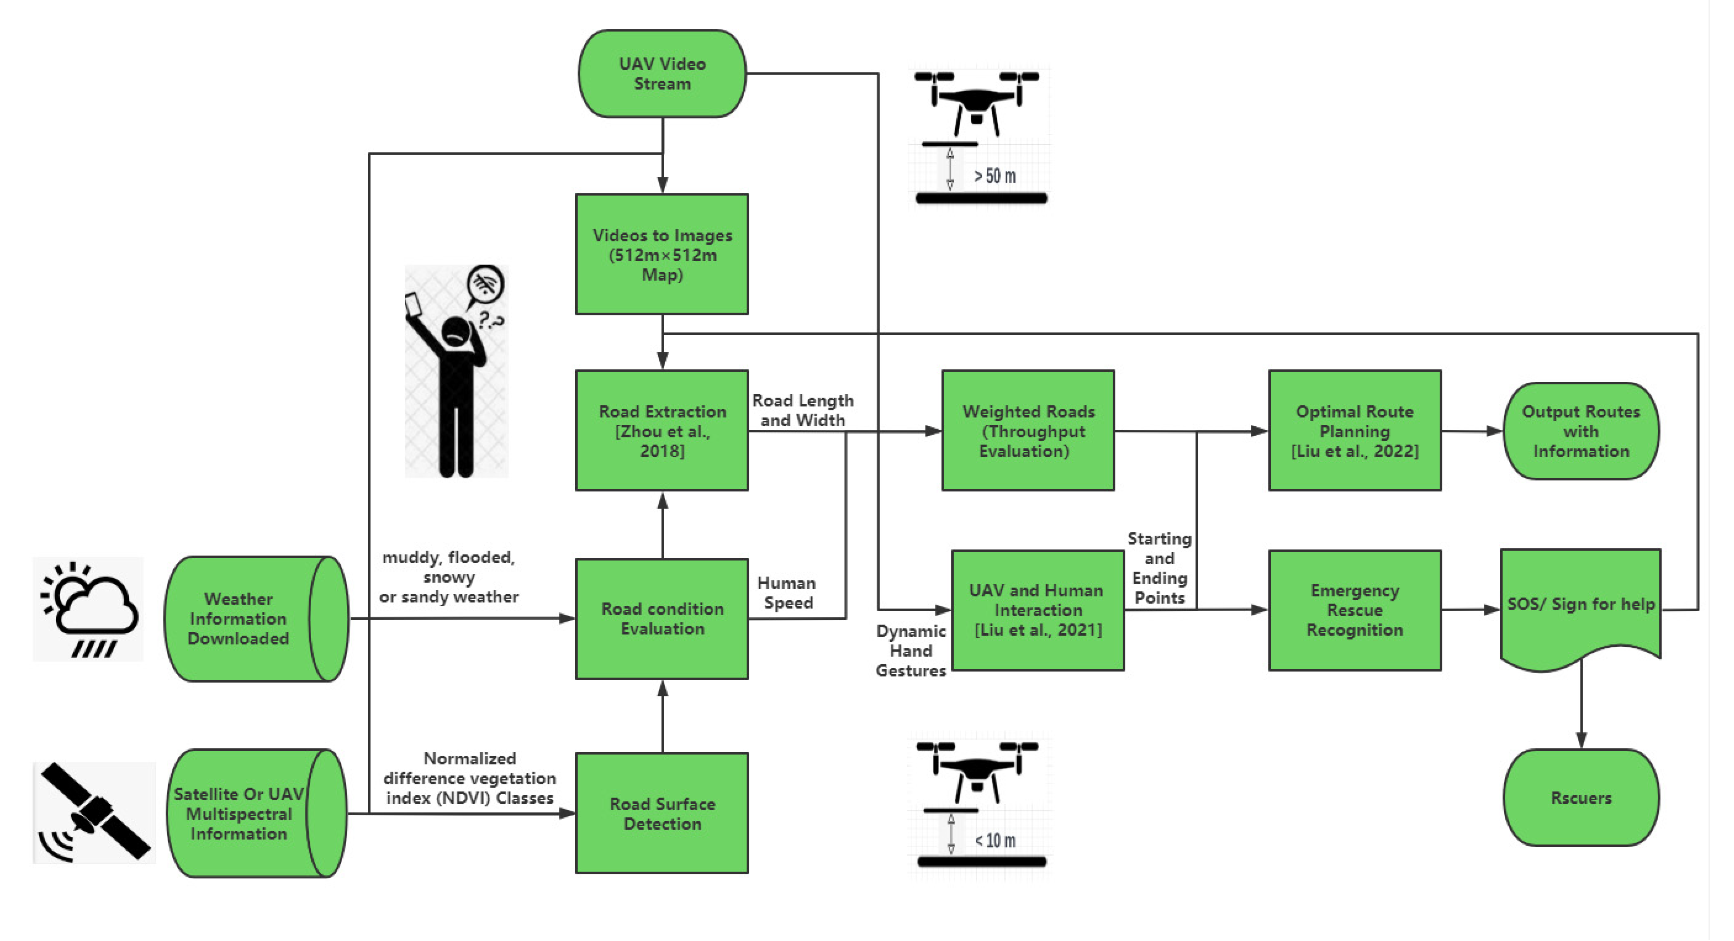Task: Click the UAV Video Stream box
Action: (663, 73)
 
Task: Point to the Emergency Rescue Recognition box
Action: (1354, 610)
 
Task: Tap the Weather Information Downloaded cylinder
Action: (257, 619)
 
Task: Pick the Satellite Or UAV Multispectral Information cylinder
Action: (257, 813)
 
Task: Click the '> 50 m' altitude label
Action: (994, 176)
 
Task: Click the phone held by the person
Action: (412, 305)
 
